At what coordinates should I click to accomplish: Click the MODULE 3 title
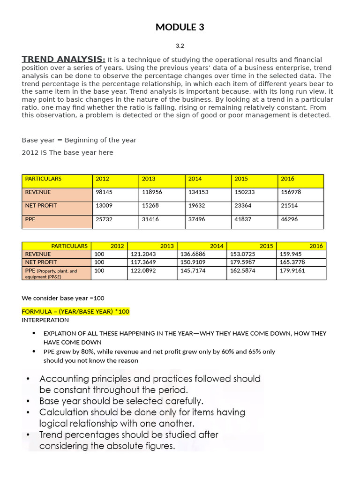[x=180, y=27]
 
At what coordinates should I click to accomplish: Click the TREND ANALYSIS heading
[x=63, y=59]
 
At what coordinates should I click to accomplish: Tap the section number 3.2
[x=180, y=45]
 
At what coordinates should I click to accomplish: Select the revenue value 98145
[x=104, y=192]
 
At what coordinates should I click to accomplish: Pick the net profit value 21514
[x=289, y=205]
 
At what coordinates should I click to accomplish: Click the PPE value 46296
[x=289, y=219]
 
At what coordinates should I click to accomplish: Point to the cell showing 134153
[x=197, y=192]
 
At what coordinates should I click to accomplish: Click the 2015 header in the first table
[x=241, y=179]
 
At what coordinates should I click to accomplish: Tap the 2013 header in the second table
[x=166, y=246]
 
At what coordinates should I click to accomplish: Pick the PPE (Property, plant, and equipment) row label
[x=51, y=273]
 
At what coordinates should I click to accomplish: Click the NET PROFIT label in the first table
[x=40, y=205]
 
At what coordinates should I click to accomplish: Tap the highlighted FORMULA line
[x=75, y=312]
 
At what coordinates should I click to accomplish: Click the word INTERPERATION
[x=45, y=320]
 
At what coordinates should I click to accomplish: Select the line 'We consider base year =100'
[x=63, y=298]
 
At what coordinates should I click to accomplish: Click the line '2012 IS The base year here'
[x=67, y=152]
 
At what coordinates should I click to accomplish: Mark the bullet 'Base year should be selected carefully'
[x=121, y=401]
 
